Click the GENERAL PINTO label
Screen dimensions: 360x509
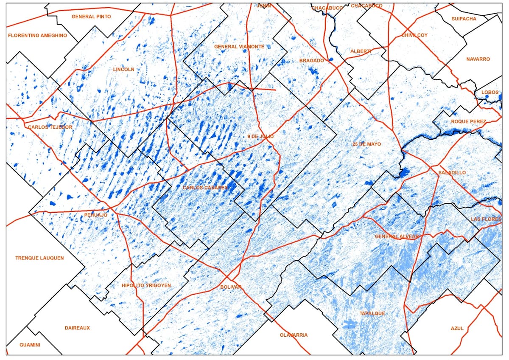point(91,17)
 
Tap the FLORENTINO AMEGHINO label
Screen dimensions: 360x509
point(37,36)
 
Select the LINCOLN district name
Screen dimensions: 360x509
point(124,69)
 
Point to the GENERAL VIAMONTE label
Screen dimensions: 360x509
point(239,47)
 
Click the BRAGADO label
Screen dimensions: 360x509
point(312,61)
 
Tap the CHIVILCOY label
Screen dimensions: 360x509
point(414,35)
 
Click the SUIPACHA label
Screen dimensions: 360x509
point(464,19)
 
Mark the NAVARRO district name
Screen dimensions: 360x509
point(478,59)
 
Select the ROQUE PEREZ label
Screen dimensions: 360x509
point(466,121)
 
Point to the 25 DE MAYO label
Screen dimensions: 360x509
point(366,144)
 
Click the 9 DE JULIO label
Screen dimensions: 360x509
point(260,137)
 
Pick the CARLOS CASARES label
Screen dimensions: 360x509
point(205,187)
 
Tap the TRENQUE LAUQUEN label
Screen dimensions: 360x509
point(39,258)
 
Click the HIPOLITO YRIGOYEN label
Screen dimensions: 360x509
point(146,286)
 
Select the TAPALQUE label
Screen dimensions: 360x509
point(372,314)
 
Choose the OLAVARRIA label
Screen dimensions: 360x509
point(294,335)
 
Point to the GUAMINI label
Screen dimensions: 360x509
point(30,345)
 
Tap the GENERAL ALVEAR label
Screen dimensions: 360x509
point(397,236)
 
